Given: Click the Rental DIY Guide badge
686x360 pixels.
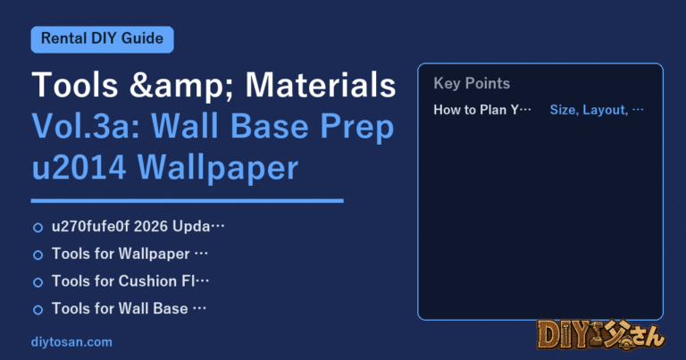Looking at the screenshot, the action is (x=103, y=39).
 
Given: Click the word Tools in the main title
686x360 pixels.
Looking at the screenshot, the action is (x=75, y=85).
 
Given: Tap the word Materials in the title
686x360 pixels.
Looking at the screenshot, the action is (x=321, y=85).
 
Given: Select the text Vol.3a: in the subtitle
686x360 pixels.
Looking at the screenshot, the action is (x=86, y=127).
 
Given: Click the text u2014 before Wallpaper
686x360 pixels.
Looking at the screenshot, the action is (x=79, y=168).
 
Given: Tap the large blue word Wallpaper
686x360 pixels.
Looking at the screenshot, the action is (x=218, y=169).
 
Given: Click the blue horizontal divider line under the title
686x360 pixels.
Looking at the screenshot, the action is (x=188, y=201).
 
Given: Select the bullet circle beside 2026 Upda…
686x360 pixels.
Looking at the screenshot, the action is (x=38, y=228).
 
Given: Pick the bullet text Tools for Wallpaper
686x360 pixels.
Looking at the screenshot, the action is (x=121, y=254).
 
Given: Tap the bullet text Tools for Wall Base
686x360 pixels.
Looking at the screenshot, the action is (x=120, y=308).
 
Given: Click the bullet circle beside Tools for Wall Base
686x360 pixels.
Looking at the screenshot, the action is (x=38, y=310).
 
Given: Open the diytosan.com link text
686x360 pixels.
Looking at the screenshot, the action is (x=71, y=342).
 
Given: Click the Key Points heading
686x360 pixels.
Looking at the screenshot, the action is (x=472, y=83).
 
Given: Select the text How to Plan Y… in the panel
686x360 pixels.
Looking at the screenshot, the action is (x=482, y=109).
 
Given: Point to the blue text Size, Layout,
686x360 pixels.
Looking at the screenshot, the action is (x=589, y=110).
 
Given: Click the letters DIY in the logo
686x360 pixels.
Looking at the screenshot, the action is (x=561, y=336).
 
